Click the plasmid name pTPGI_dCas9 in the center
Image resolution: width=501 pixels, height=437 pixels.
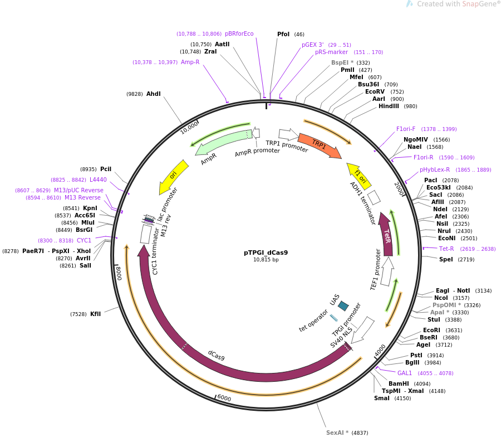(x=266, y=253)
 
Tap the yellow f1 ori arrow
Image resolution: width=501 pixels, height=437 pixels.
(x=359, y=176)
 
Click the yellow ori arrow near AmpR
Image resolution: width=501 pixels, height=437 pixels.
(x=174, y=176)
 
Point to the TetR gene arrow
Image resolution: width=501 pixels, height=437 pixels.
(x=386, y=234)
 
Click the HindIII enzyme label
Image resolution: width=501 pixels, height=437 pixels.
(x=389, y=106)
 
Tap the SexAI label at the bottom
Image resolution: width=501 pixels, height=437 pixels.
(x=337, y=433)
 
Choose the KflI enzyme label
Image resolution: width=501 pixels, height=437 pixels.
(x=96, y=314)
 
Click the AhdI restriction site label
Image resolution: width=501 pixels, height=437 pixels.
(x=154, y=94)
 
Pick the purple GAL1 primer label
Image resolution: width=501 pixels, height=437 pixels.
(x=405, y=373)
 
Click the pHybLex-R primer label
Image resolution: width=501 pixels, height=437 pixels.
(x=435, y=169)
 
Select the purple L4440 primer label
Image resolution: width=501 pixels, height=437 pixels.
(x=98, y=179)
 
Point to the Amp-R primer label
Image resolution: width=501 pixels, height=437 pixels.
(x=190, y=62)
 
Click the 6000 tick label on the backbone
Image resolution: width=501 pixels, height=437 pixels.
(x=224, y=397)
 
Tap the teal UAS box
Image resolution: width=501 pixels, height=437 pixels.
(x=343, y=305)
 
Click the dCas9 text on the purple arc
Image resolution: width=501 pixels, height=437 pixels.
(x=216, y=355)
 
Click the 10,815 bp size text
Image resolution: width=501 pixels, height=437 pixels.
(x=266, y=260)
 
